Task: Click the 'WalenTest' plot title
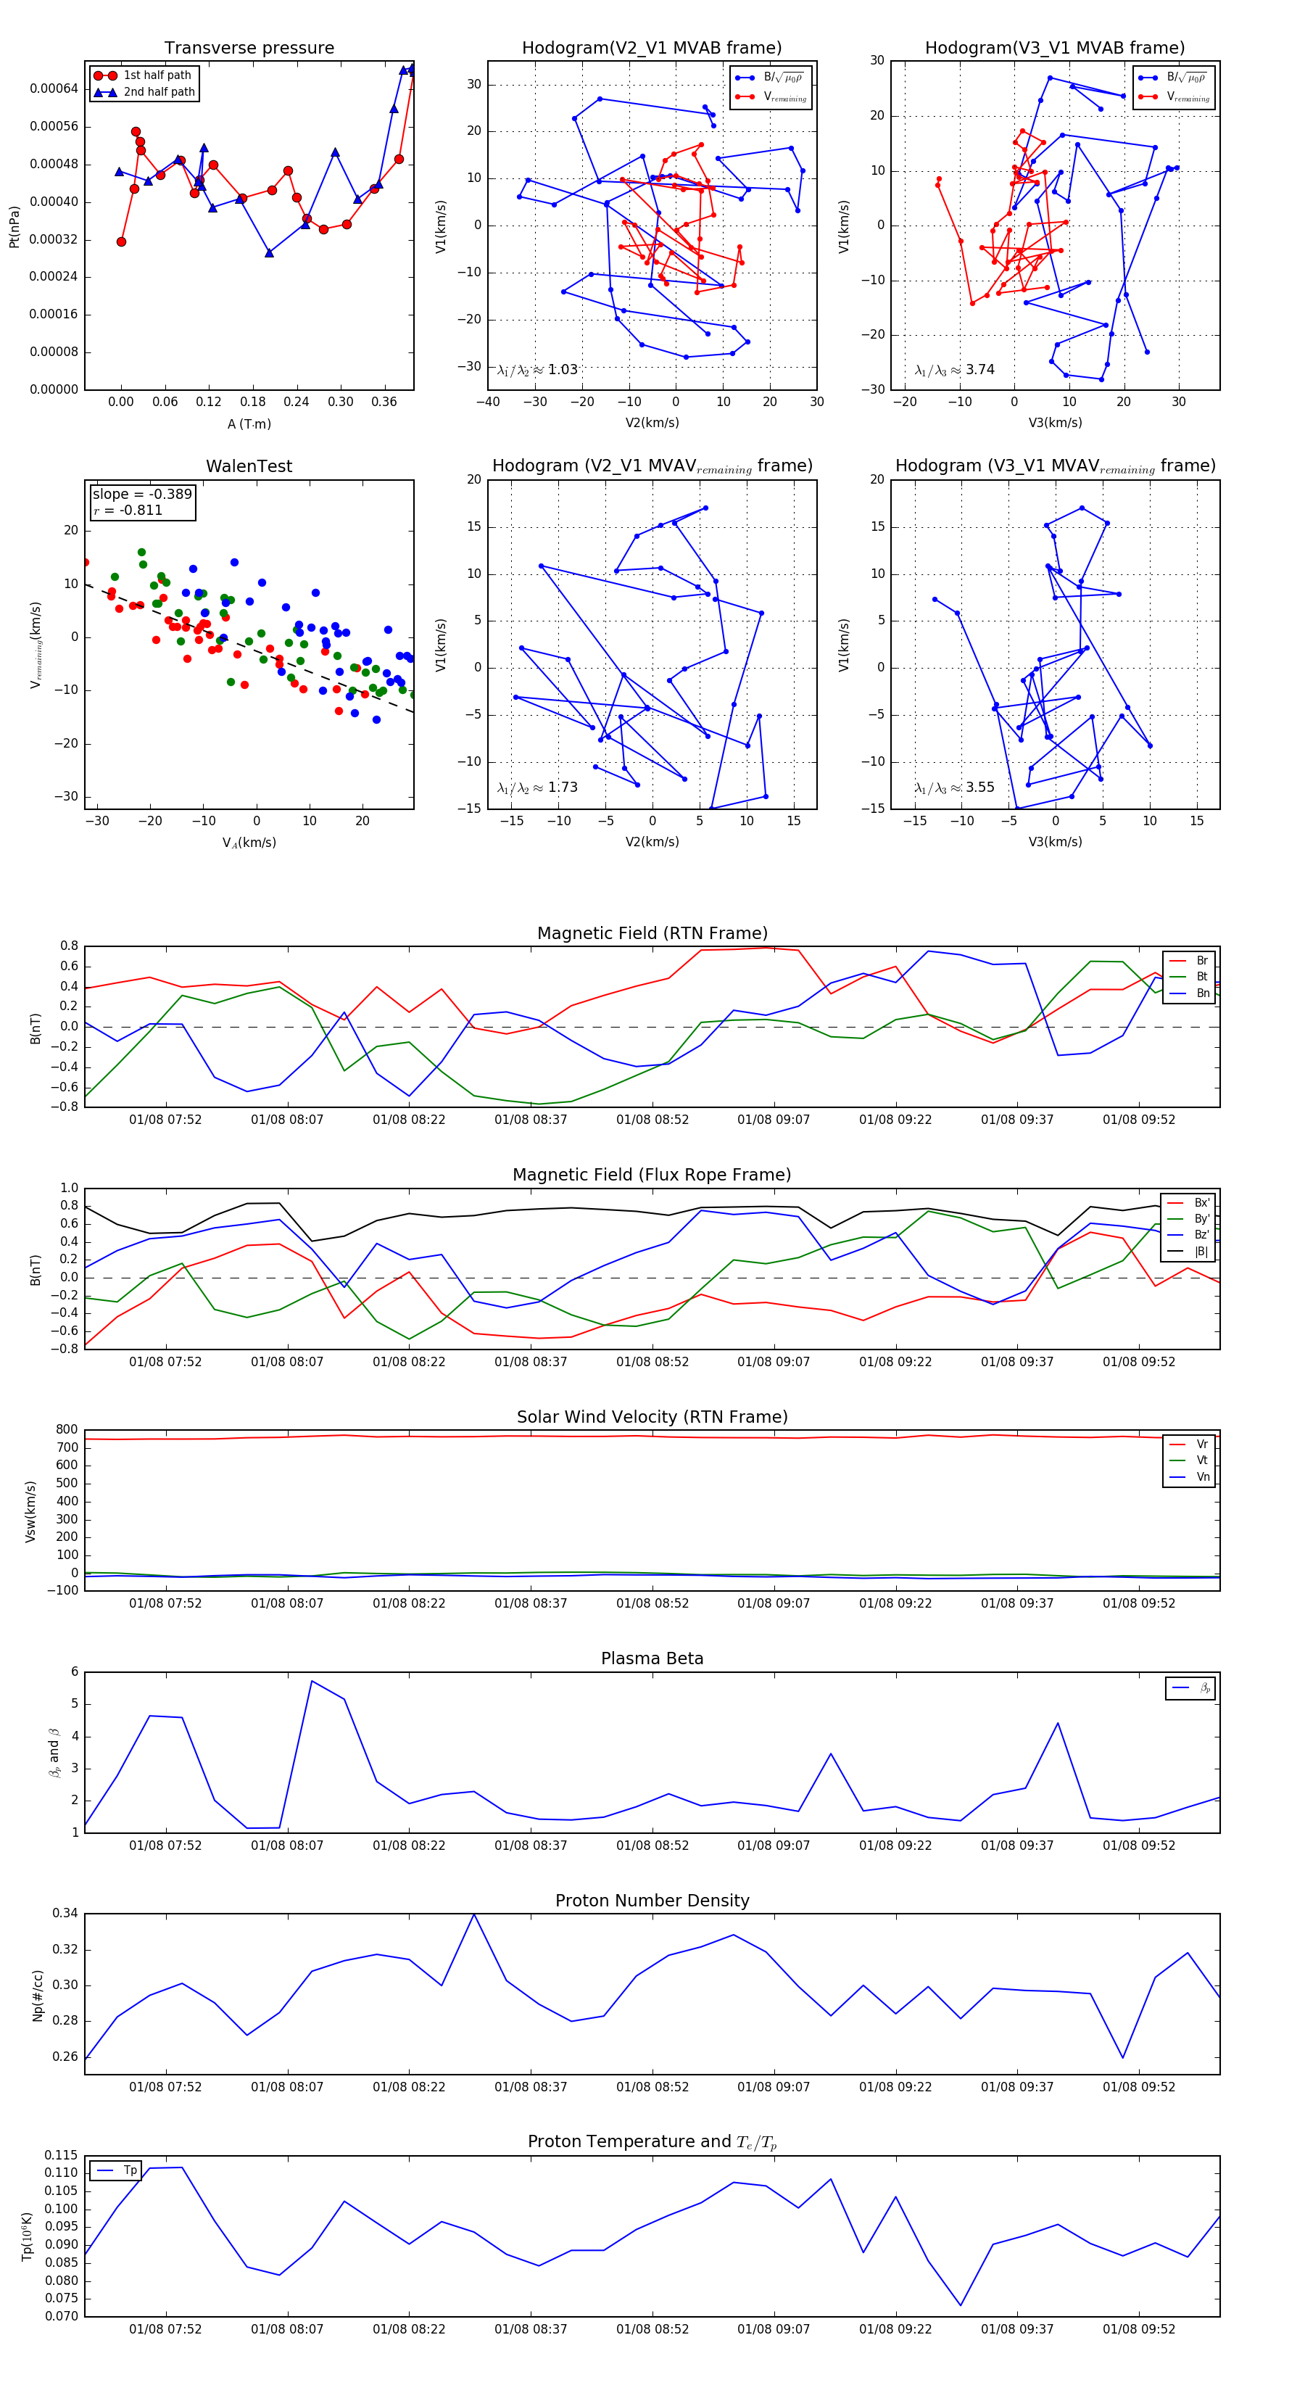(249, 466)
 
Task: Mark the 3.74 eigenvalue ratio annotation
(955, 370)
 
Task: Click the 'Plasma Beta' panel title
(652, 1658)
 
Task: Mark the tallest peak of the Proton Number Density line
(473, 1914)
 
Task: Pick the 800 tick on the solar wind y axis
(67, 1430)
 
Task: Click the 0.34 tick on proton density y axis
(65, 1914)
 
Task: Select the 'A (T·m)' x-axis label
(249, 424)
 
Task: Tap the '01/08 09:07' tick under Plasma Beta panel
(774, 1845)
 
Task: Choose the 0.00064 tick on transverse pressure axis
(54, 89)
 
